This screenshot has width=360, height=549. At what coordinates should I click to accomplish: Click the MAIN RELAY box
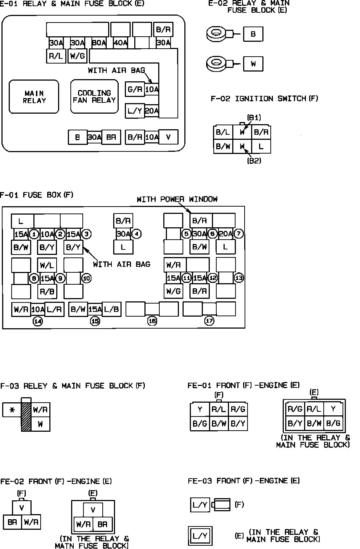34,97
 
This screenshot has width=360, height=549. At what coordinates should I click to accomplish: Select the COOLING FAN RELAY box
94,97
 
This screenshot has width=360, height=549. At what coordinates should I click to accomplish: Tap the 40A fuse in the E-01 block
120,43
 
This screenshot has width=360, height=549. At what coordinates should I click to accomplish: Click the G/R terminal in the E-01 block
135,89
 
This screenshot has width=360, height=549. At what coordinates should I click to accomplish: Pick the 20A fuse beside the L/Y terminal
152,111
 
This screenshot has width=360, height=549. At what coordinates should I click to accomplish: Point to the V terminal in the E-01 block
168,137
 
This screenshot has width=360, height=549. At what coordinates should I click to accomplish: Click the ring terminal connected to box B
217,34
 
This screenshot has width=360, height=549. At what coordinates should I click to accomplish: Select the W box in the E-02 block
253,64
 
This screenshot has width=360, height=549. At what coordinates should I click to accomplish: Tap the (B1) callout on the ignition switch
254,118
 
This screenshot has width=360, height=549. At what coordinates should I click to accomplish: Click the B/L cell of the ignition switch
223,132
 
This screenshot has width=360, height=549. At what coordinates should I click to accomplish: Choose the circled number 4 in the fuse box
136,234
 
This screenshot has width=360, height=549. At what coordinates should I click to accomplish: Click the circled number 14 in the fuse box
38,321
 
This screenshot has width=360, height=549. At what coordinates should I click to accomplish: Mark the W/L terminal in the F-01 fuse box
47,265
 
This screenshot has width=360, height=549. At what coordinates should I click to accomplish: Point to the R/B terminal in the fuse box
47,291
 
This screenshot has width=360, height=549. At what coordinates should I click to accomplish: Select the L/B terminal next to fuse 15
111,309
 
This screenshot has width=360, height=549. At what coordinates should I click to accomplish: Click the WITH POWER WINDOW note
177,199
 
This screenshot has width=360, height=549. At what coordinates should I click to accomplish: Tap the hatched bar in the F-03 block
26,416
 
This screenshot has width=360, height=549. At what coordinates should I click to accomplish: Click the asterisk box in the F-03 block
12,410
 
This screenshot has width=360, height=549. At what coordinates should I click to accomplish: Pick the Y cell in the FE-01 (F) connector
200,410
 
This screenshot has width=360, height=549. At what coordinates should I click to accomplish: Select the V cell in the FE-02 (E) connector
93,510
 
